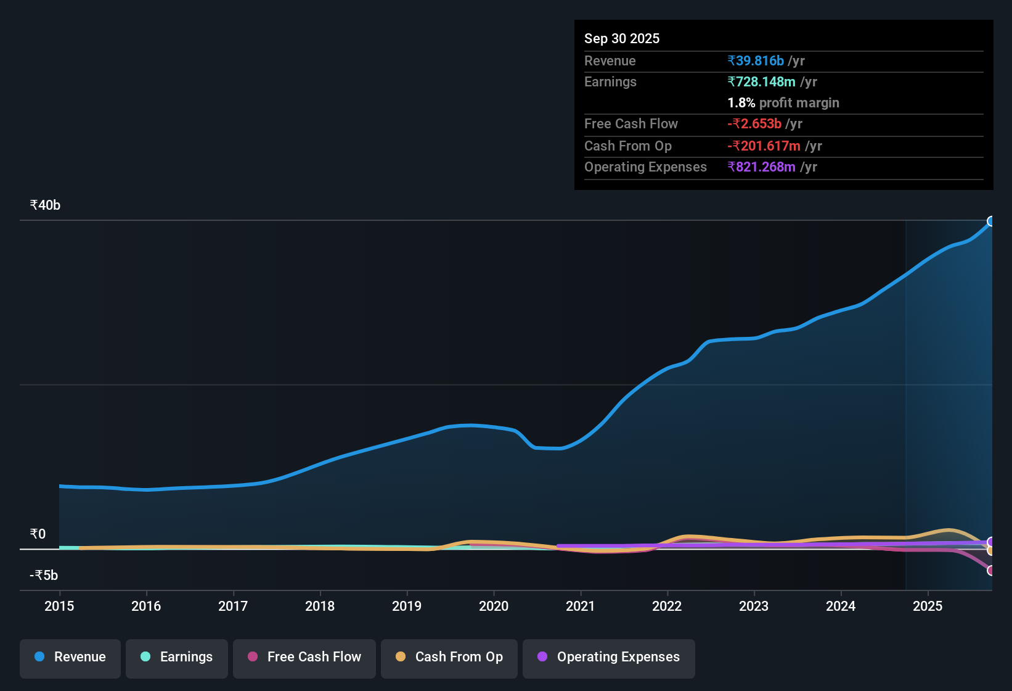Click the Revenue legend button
click(70, 657)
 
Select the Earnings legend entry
click(177, 657)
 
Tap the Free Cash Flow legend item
click(304, 657)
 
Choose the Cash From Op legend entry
click(449, 657)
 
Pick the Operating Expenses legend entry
click(609, 657)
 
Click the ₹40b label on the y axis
click(45, 205)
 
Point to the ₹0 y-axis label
click(38, 534)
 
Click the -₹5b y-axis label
click(44, 576)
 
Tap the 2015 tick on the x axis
click(59, 606)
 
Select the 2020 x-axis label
click(494, 606)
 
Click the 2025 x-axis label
click(928, 606)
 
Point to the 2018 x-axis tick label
click(320, 606)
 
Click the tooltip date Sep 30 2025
click(622, 39)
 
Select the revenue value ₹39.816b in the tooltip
click(756, 61)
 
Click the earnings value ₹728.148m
click(761, 82)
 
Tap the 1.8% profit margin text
click(783, 103)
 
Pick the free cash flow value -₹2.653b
click(754, 124)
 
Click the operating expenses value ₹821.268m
click(761, 167)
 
